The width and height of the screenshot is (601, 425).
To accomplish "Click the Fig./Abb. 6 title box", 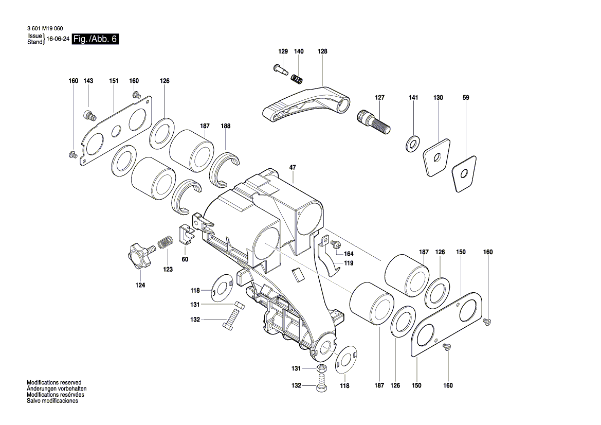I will coord(96,39).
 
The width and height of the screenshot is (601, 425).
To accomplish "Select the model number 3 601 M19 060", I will coord(45,29).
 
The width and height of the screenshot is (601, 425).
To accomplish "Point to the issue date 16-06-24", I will coord(59,39).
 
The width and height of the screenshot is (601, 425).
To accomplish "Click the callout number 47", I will coord(293,168).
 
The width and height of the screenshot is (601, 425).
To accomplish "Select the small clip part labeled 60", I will coord(186,235).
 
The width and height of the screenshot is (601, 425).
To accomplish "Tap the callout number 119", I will coord(349,263).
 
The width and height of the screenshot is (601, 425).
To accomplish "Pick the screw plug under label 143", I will coord(90,115).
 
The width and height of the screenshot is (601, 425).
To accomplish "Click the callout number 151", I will coord(114,81).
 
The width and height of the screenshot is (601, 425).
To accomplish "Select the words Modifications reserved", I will coord(54,383).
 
